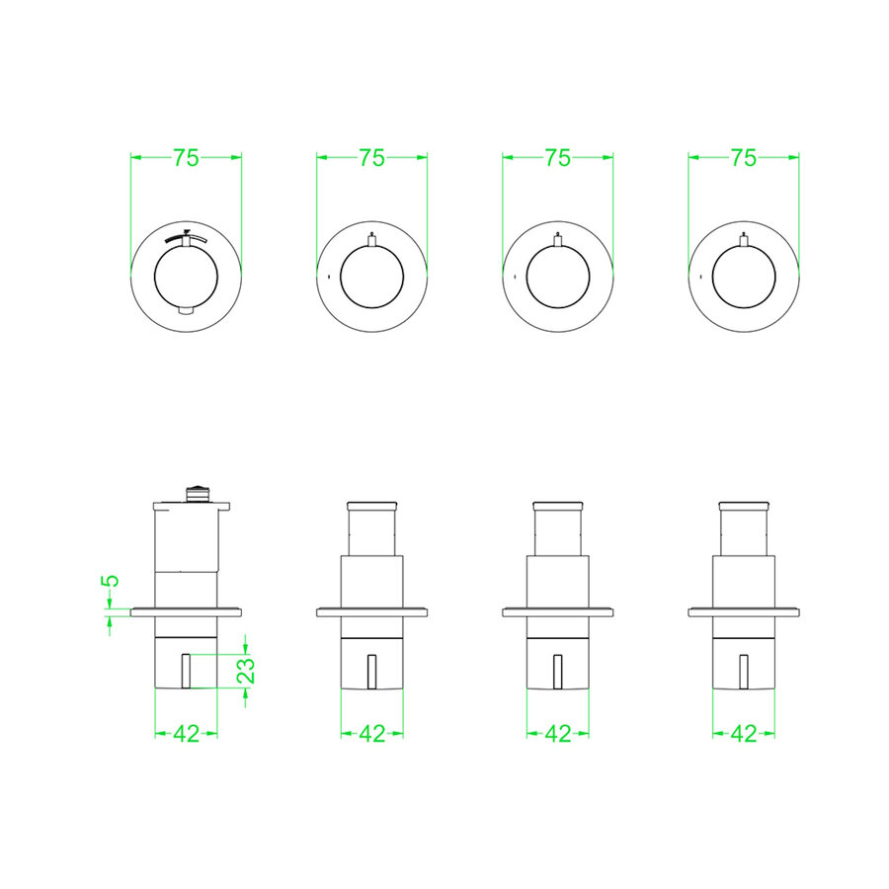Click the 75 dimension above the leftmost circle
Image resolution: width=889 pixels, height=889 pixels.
(186, 158)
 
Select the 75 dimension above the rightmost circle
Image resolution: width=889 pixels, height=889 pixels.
(744, 158)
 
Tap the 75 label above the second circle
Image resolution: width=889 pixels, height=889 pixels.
(372, 158)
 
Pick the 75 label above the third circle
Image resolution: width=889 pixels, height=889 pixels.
(558, 158)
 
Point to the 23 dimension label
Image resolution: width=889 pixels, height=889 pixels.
(246, 671)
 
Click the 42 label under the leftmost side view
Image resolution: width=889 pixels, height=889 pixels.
(187, 734)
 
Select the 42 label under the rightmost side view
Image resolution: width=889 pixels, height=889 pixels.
(744, 734)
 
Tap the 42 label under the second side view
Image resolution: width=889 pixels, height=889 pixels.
(372, 734)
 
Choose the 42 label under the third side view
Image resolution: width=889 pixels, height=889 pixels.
(558, 734)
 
